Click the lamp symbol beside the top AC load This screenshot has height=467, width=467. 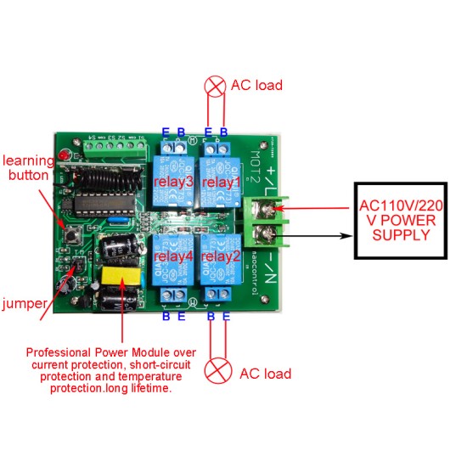[x=216, y=85]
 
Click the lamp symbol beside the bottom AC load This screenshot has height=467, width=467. [x=220, y=372]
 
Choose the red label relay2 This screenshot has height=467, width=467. [x=222, y=256]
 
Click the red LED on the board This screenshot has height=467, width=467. [x=64, y=159]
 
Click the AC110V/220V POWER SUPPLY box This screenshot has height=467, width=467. [x=401, y=220]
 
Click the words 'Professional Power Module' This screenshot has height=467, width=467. [x=111, y=352]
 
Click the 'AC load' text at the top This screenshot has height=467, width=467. [x=257, y=86]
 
